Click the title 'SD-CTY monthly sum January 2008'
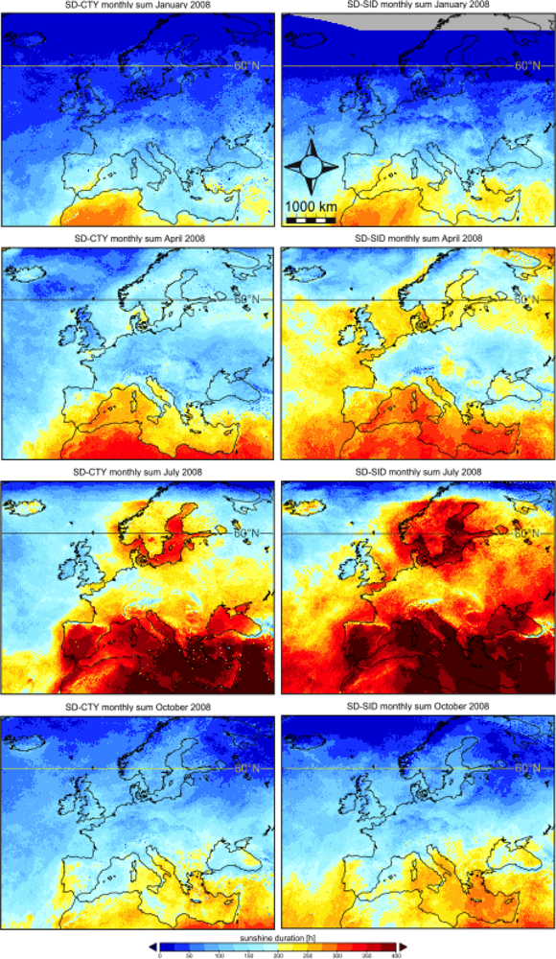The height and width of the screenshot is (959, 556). coord(136,6)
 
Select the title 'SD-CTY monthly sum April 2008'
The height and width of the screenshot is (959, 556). coord(136,238)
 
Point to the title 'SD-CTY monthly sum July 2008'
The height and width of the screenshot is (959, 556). coord(136,472)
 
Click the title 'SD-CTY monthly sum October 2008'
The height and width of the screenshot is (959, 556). coord(136,707)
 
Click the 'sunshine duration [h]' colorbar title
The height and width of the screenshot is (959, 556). coord(278,933)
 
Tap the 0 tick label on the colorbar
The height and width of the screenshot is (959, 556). coord(160,955)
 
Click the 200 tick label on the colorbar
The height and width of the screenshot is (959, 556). coord(279,955)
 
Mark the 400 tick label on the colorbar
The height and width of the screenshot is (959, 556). coord(395,955)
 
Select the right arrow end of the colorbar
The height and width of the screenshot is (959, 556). coord(403,946)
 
